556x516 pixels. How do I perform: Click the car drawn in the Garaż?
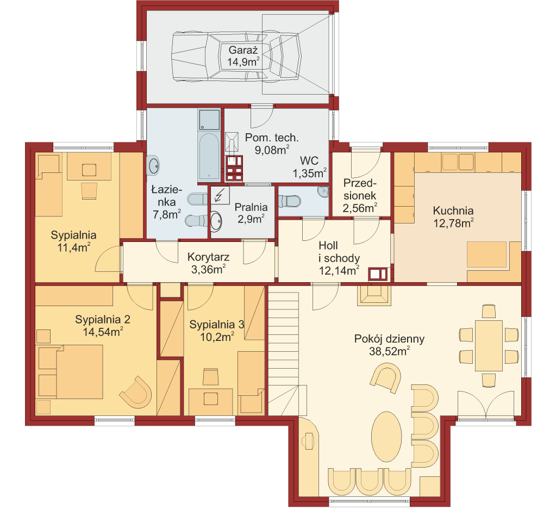(237, 57)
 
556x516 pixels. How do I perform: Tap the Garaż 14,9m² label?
(243, 56)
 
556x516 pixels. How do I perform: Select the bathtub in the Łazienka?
(209, 157)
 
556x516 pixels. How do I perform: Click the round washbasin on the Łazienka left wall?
(153, 165)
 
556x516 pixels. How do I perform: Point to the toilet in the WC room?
(290, 201)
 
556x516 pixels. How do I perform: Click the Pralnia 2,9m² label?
(251, 213)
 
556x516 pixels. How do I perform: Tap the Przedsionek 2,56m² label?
(360, 196)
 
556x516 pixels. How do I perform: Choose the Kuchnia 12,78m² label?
(453, 217)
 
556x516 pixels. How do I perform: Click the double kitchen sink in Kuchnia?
(458, 161)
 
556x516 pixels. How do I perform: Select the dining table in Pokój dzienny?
(489, 345)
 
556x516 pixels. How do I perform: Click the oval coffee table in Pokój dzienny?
(386, 436)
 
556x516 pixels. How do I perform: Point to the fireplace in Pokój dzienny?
(374, 295)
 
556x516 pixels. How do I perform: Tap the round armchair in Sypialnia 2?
(136, 392)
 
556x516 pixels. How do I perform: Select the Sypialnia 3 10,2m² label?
(217, 331)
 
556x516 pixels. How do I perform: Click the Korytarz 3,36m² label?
(208, 263)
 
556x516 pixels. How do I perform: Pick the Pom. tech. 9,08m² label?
(272, 144)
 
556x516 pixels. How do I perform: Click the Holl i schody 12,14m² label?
(339, 258)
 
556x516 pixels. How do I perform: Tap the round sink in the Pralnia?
(216, 221)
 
